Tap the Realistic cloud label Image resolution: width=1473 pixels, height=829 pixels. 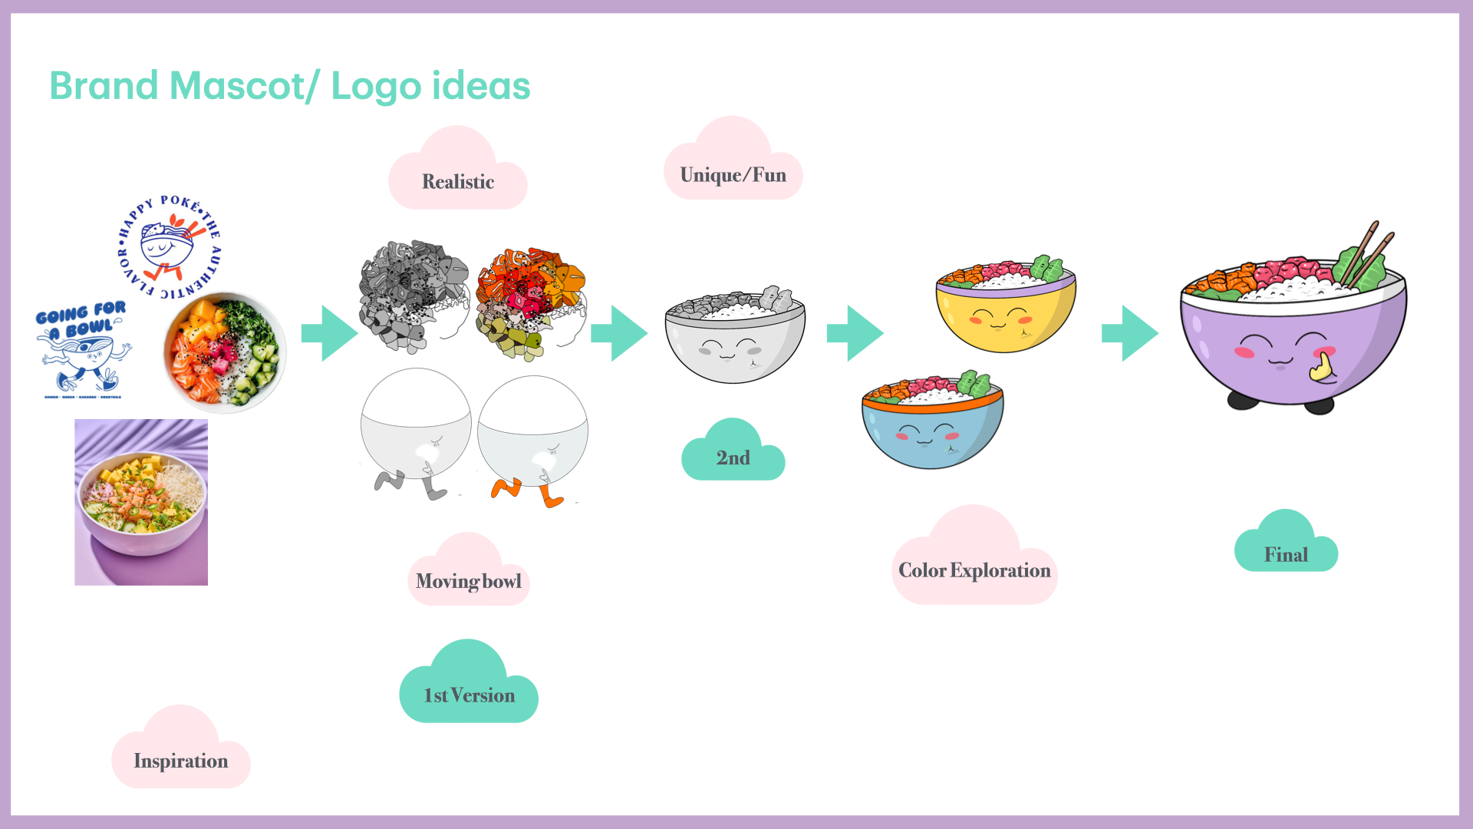(458, 182)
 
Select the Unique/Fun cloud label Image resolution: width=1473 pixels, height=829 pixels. (733, 175)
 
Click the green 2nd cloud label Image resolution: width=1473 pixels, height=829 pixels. (733, 457)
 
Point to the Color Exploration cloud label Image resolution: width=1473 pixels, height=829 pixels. (974, 570)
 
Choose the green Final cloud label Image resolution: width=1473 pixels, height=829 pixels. (1286, 554)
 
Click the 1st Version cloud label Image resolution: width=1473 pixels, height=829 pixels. (469, 695)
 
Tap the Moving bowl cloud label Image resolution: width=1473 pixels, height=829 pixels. (468, 581)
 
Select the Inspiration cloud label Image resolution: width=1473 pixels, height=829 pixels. (181, 760)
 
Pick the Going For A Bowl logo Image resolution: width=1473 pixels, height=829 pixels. (83, 349)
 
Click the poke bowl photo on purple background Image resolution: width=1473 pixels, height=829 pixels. (141, 502)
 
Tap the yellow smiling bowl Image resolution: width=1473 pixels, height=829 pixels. (1005, 307)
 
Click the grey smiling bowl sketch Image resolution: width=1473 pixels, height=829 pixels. (735, 338)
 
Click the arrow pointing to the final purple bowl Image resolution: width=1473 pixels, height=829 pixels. (1130, 333)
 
